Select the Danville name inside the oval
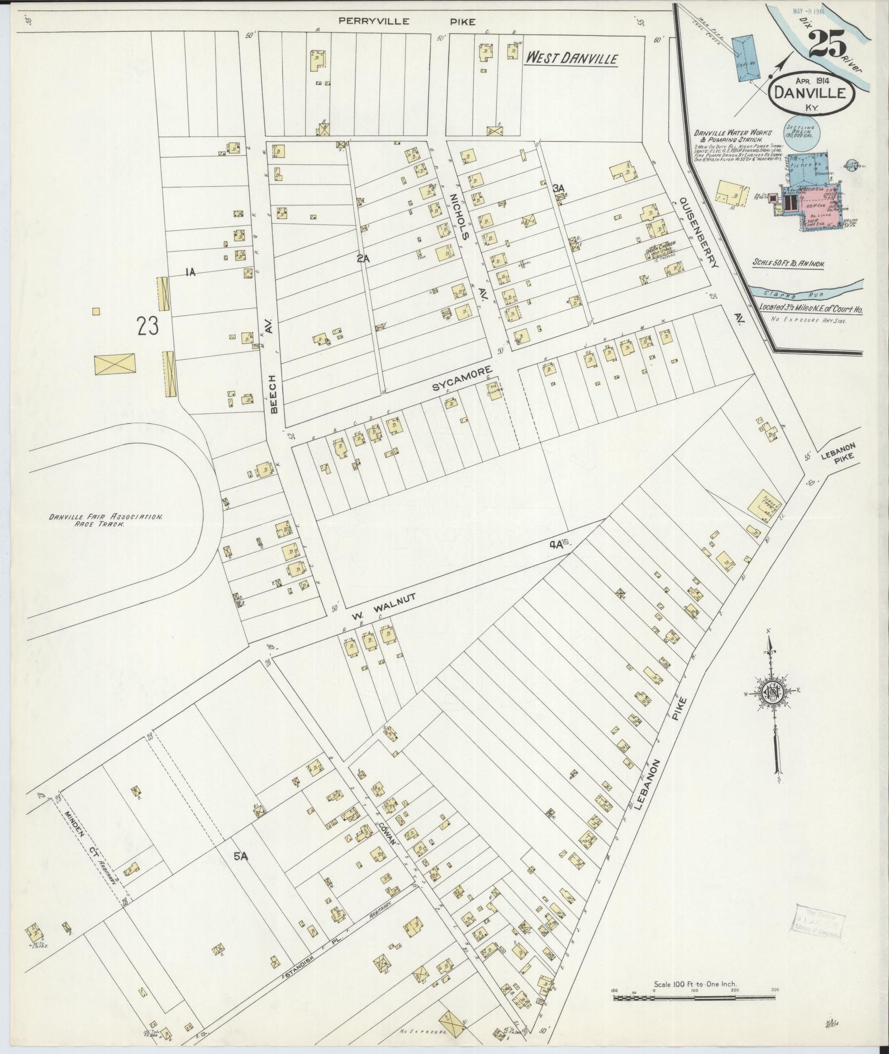(x=809, y=93)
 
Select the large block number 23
(x=148, y=326)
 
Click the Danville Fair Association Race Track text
(x=105, y=521)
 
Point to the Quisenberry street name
(x=699, y=233)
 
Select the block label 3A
(x=559, y=188)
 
